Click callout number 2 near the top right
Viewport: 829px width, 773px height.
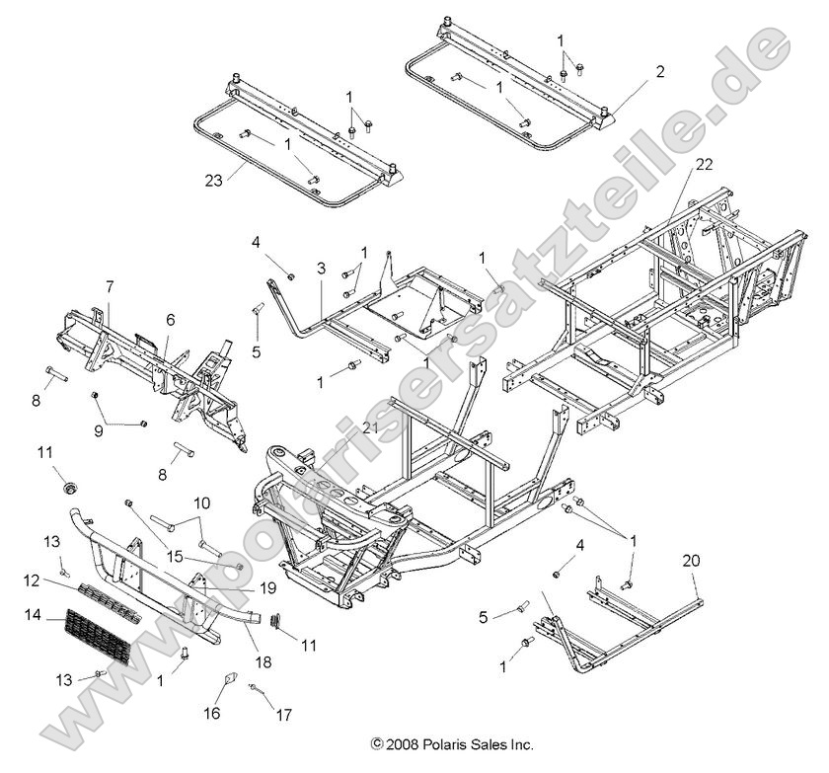(659, 71)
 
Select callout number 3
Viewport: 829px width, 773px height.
(320, 269)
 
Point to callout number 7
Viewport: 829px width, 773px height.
(109, 286)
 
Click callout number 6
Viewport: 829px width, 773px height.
(170, 320)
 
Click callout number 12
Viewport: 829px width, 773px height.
(31, 579)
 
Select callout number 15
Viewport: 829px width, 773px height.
(175, 556)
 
